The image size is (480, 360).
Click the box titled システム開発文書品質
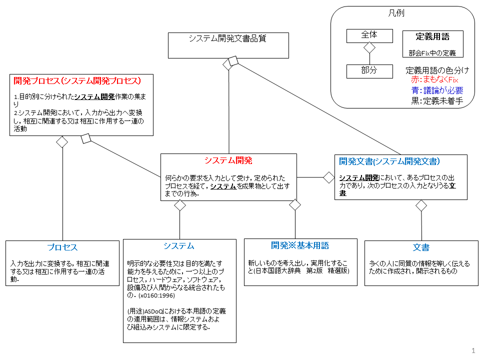pos(228,45)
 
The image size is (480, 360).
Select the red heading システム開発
pos(228,160)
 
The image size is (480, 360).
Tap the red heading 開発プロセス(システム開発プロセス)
pos(76,80)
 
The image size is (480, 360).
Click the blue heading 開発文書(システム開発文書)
pos(389,161)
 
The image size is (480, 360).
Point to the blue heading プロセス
pos(62,247)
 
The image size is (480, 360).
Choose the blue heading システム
pos(178,246)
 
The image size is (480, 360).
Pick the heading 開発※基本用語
pos(300,245)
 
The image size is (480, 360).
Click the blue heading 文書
pos(421,247)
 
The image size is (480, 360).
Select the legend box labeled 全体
pos(369,35)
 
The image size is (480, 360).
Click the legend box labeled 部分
pos(369,71)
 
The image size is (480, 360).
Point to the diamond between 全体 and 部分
pos(369,48)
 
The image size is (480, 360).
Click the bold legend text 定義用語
pos(432,36)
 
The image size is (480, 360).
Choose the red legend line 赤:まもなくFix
pos(434,79)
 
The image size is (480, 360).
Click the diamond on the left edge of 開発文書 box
pos(328,176)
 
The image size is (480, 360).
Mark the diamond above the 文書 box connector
pos(421,205)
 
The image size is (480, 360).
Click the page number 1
pos(472,350)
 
